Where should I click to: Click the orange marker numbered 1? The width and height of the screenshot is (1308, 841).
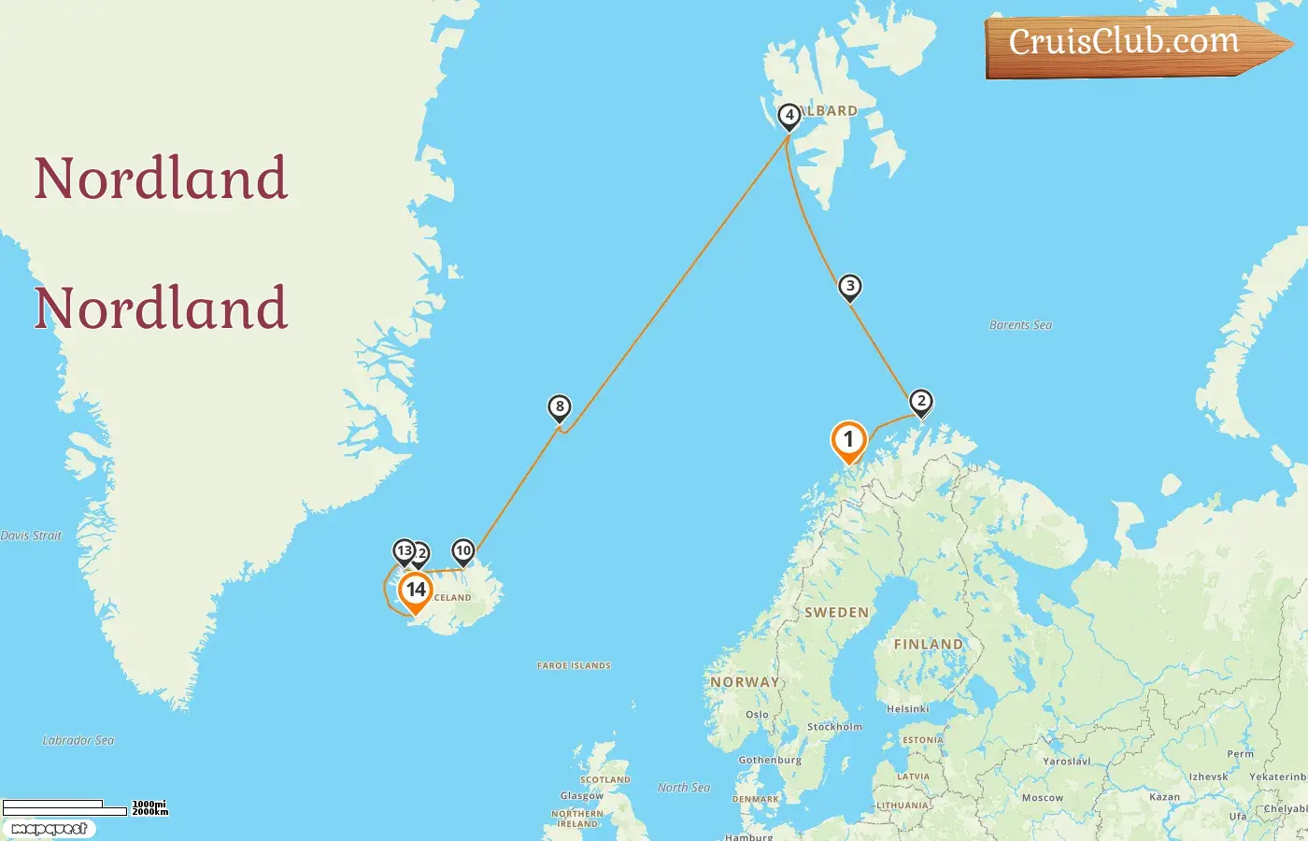[x=848, y=439]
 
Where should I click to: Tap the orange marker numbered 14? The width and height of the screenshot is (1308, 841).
[x=415, y=591]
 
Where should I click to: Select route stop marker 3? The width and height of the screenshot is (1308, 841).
[x=849, y=287]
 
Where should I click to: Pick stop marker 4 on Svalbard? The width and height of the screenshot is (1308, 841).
[x=789, y=116]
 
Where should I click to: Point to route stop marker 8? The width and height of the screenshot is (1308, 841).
[x=560, y=406]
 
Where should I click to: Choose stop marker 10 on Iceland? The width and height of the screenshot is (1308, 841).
[x=462, y=550]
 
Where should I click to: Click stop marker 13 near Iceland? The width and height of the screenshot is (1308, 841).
[x=404, y=550]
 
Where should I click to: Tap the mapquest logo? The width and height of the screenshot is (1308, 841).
[x=49, y=829]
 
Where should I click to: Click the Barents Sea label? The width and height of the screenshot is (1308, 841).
[x=1020, y=325]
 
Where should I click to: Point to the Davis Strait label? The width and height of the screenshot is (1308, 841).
[x=31, y=535]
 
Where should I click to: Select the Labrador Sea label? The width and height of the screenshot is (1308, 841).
[x=78, y=740]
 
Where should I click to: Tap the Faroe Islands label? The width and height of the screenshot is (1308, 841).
[x=574, y=665]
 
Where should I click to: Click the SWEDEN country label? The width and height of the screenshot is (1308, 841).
[x=836, y=613]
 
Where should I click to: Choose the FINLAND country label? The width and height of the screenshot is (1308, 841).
[x=928, y=644]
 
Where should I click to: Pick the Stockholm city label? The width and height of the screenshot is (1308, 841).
[x=834, y=726]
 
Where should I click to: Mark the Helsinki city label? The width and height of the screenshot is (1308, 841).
[x=907, y=708]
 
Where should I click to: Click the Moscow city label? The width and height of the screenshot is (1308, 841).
[x=1042, y=797]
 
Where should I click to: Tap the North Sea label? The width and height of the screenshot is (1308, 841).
[x=684, y=788]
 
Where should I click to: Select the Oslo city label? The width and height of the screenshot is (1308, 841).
[x=757, y=714]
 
